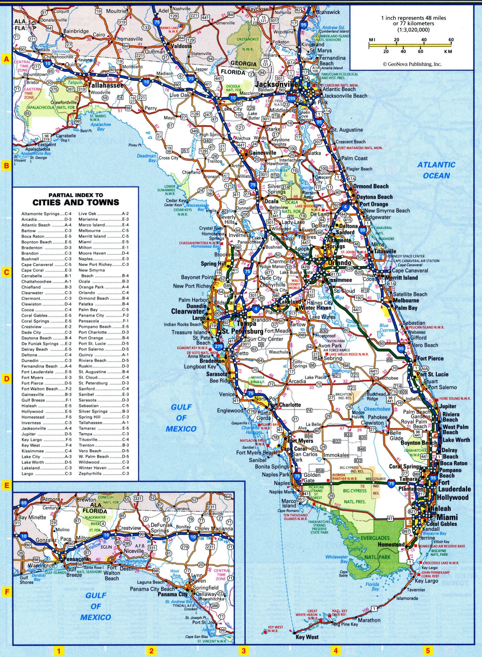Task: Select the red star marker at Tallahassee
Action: [x=86, y=79]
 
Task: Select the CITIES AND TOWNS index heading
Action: [x=76, y=202]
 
